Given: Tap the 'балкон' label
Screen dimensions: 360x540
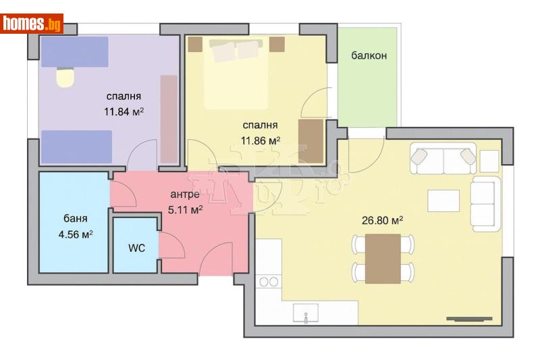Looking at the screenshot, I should pyautogui.click(x=369, y=55).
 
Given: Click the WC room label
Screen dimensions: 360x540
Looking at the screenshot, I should pyautogui.click(x=136, y=248).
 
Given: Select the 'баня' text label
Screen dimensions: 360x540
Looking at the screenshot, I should pyautogui.click(x=76, y=220).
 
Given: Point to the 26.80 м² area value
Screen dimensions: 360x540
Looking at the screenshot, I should pyautogui.click(x=382, y=220).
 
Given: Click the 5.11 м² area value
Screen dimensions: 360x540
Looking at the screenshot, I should pyautogui.click(x=185, y=210).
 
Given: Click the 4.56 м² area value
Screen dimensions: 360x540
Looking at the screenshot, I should pyautogui.click(x=76, y=235).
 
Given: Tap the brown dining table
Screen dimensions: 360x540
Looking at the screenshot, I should pyautogui.click(x=382, y=259).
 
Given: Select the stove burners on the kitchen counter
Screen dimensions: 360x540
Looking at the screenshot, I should pyautogui.click(x=268, y=281).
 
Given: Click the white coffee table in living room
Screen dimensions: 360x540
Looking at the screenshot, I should pyautogui.click(x=443, y=201).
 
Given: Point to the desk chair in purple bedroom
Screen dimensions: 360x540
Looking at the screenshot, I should pyautogui.click(x=65, y=78).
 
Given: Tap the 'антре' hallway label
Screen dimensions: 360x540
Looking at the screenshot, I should pyautogui.click(x=184, y=195).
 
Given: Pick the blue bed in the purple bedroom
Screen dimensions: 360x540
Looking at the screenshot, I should pyautogui.click(x=76, y=145).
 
